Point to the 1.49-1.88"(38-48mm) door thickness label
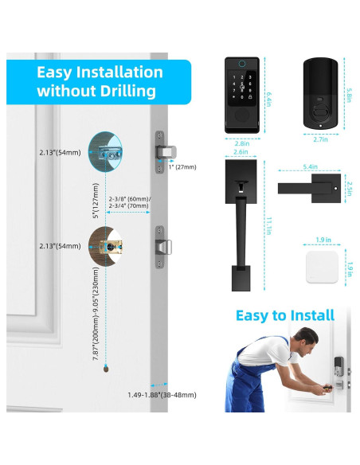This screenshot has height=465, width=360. (162, 394)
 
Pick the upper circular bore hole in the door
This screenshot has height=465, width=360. (108, 151)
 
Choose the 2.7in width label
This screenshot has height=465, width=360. (320, 139)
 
